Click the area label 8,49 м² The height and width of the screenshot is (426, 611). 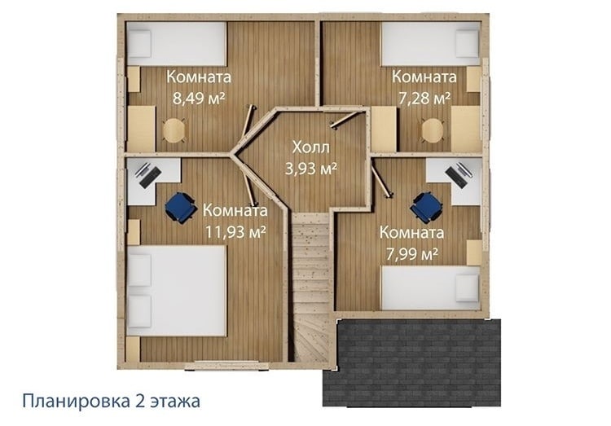[199, 98]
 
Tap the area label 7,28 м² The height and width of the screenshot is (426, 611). [424, 98]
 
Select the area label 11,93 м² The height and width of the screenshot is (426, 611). [235, 232]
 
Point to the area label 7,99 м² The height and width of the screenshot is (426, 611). [412, 254]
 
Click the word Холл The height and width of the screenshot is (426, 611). [311, 147]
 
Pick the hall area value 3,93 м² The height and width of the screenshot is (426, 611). [311, 169]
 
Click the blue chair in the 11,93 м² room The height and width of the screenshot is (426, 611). [180, 208]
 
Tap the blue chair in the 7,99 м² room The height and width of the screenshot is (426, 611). [426, 208]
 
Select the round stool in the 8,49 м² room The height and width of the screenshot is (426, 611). [174, 130]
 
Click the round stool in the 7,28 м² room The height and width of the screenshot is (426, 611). [433, 130]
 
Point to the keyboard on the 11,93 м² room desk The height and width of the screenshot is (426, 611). [151, 178]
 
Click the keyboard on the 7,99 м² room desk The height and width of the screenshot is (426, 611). [456, 178]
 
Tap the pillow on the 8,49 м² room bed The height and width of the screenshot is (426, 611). [139, 43]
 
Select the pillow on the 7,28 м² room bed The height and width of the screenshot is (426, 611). [468, 43]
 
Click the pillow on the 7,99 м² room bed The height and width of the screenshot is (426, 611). [468, 288]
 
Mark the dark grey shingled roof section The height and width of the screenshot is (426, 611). [412, 362]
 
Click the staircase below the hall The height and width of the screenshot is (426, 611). [311, 288]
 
